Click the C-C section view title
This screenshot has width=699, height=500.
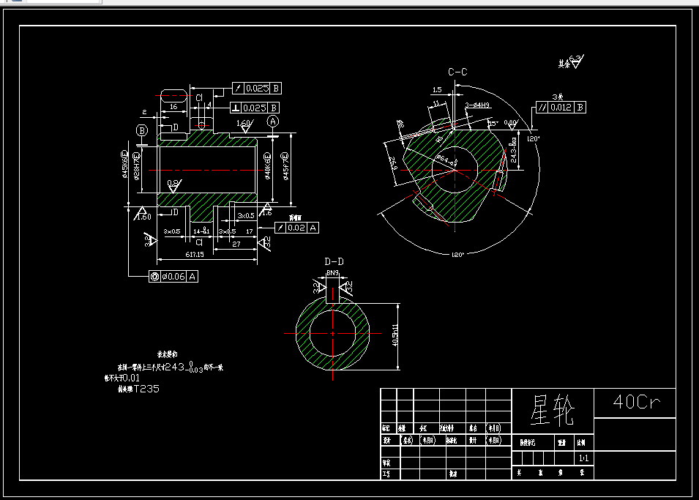click(458, 72)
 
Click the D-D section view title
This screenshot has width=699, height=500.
click(334, 261)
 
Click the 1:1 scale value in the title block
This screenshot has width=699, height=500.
click(583, 458)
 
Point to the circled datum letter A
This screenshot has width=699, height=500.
click(273, 121)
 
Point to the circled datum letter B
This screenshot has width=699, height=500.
click(141, 130)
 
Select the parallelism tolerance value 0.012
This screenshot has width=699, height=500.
click(561, 108)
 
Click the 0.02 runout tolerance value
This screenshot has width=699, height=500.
click(296, 228)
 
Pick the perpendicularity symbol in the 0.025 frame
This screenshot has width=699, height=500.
click(236, 108)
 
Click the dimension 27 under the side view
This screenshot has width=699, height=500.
click(236, 245)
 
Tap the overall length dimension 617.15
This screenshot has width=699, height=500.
click(175, 254)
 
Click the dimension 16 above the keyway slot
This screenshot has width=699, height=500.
click(173, 107)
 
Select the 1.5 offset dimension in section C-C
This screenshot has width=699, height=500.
click(437, 89)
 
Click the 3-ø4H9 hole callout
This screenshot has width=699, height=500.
click(477, 105)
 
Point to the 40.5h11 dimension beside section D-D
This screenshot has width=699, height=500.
click(396, 335)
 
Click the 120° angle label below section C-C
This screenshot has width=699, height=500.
click(457, 254)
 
